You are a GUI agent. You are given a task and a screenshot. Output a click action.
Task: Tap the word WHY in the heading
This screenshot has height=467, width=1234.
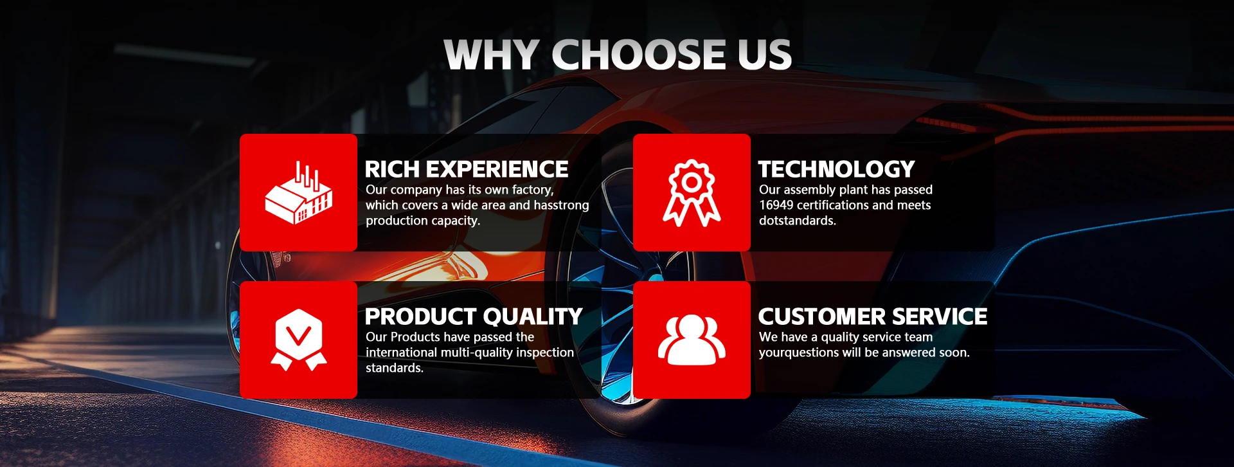click(x=492, y=54)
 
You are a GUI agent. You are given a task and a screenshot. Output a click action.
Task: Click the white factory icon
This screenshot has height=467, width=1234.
click(x=298, y=192)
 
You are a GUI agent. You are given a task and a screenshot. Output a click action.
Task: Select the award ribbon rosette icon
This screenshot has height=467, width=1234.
click(x=692, y=192)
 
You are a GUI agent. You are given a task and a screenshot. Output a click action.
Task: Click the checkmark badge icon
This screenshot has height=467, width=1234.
click(x=298, y=340)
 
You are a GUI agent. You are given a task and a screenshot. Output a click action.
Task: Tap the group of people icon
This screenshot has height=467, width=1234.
click(x=692, y=340)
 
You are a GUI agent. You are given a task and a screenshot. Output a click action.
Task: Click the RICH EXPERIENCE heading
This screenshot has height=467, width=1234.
click(x=466, y=169)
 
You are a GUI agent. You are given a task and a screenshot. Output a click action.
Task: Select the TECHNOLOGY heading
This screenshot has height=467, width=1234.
click(x=836, y=169)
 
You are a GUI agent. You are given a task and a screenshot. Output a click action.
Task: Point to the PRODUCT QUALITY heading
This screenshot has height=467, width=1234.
click(x=474, y=316)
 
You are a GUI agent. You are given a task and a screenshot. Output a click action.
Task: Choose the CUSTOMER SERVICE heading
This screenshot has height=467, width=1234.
click(x=873, y=316)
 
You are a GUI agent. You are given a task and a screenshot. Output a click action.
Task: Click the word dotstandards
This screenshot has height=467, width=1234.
click(x=798, y=221)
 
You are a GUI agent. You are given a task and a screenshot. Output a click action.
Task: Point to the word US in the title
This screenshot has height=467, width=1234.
click(x=765, y=54)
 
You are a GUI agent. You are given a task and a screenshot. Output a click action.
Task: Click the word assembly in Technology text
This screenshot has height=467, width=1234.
click(x=812, y=190)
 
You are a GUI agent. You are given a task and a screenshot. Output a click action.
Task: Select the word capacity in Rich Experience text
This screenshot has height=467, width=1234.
click(x=455, y=221)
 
